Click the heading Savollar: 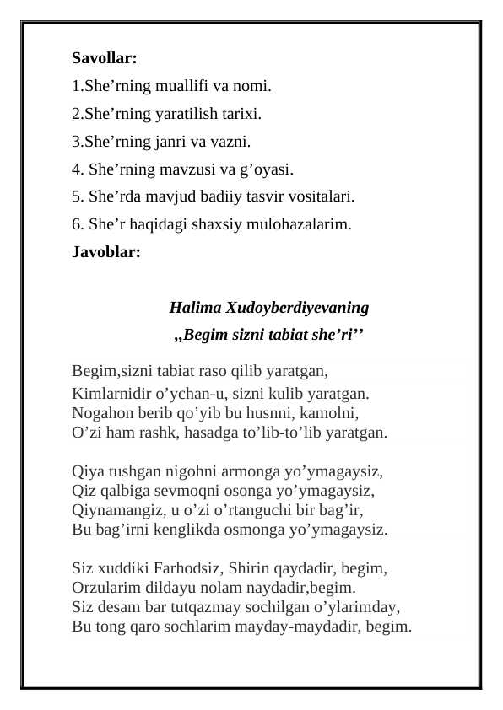tap(105, 60)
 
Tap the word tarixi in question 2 tap(240, 113)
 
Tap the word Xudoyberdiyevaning tap(297, 306)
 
